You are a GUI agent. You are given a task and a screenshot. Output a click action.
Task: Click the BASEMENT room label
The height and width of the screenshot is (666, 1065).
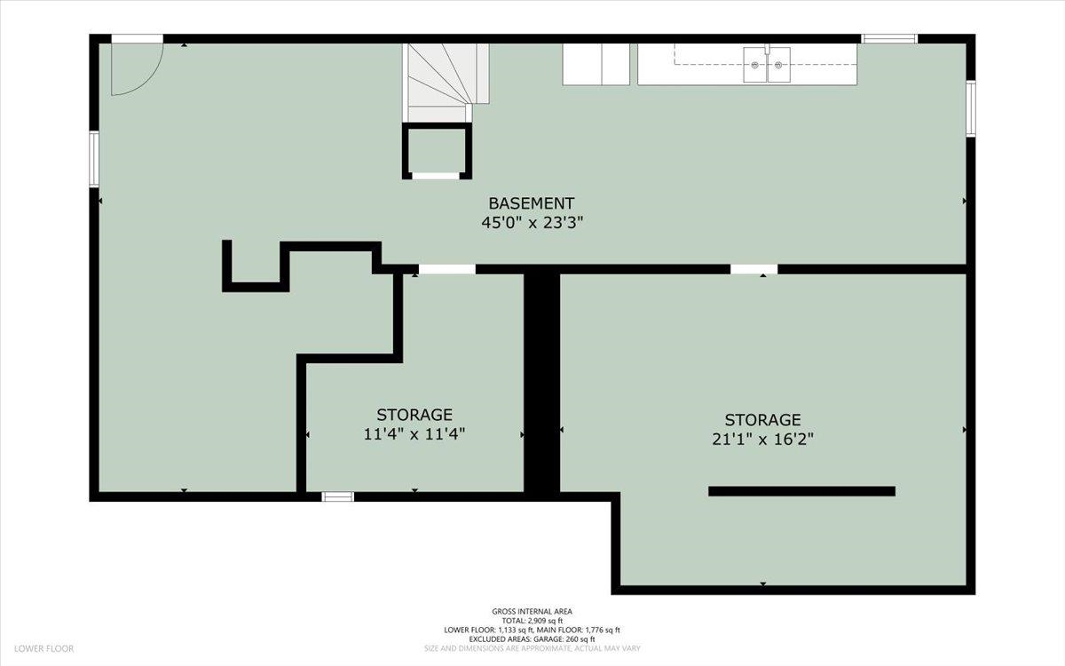[x=531, y=203]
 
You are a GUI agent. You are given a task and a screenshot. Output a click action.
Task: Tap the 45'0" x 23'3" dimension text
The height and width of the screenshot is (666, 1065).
[x=532, y=223]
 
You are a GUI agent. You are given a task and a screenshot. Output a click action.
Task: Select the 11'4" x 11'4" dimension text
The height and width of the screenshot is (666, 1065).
[x=414, y=434]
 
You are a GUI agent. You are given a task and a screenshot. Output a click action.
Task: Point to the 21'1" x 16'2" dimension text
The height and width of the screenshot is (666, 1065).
[x=762, y=439]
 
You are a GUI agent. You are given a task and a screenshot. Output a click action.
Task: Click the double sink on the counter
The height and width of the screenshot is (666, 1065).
[x=767, y=64]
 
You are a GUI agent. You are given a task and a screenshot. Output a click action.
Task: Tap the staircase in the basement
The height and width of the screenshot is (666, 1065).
[x=446, y=83]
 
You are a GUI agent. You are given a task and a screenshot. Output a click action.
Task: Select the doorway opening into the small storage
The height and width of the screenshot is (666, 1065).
[x=447, y=269]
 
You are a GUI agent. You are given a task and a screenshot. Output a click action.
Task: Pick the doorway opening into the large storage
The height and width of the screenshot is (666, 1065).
[x=754, y=269]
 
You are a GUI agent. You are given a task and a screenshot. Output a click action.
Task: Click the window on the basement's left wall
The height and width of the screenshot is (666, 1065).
[x=94, y=159]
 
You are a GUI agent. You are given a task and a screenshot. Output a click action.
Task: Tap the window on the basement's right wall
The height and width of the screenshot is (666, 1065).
[x=971, y=109]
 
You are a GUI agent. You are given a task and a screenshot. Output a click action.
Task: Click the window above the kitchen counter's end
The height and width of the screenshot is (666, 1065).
[x=889, y=38]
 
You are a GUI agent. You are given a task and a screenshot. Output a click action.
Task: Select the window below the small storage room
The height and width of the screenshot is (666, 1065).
[x=337, y=496]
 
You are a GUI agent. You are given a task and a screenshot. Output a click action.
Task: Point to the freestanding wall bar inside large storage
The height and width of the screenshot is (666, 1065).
[x=801, y=491]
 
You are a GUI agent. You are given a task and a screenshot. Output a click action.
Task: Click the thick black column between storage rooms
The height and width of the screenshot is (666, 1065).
[x=541, y=383]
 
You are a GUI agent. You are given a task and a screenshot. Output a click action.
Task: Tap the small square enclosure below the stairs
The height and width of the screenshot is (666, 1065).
[x=437, y=151]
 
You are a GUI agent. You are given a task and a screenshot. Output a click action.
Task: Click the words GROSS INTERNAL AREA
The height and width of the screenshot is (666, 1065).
[x=532, y=612]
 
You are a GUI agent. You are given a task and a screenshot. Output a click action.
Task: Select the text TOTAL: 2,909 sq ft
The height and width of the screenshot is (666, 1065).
[x=532, y=621]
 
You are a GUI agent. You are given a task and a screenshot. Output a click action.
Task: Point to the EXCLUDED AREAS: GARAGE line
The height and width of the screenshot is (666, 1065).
[x=532, y=638]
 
